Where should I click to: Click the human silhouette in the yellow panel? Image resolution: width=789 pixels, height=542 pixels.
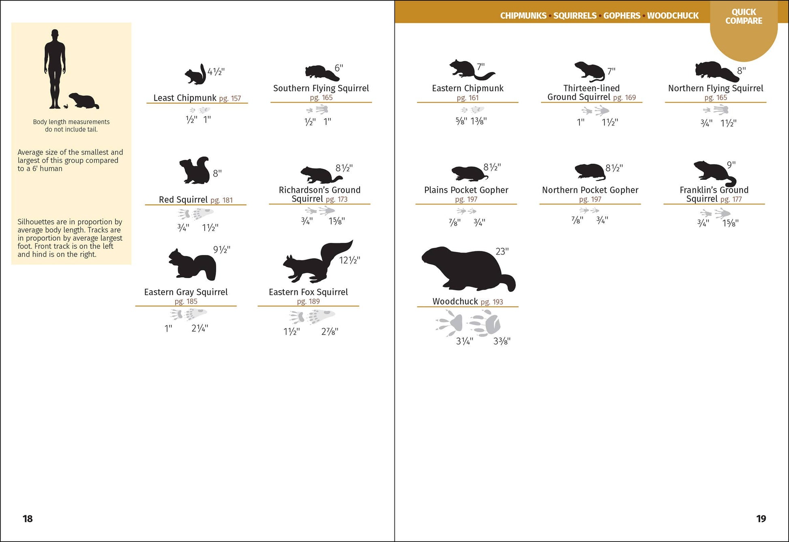pos(55,69)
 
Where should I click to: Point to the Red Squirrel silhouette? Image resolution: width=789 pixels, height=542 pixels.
pos(194,171)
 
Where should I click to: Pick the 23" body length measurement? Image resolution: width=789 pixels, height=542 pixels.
pos(502,252)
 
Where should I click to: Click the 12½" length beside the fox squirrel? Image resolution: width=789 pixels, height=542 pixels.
pos(349,260)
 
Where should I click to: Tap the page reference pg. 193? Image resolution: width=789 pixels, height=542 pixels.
pos(492,302)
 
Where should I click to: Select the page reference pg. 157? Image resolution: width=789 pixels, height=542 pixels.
pos(230,99)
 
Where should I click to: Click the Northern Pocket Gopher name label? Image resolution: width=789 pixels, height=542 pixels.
pos(590,190)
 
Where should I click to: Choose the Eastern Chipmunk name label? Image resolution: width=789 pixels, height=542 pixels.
pos(467,88)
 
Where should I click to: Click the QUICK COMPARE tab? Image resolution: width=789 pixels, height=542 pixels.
pos(744,17)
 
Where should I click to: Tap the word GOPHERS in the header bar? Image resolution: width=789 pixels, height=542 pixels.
pos(622,16)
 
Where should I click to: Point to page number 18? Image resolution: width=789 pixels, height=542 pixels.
pos(28,519)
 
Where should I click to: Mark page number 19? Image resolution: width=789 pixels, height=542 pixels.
pos(761,519)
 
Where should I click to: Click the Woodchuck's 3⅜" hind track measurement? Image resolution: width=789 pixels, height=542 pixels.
pos(502,341)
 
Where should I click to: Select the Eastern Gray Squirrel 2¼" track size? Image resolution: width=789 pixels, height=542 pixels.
pos(200,328)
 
